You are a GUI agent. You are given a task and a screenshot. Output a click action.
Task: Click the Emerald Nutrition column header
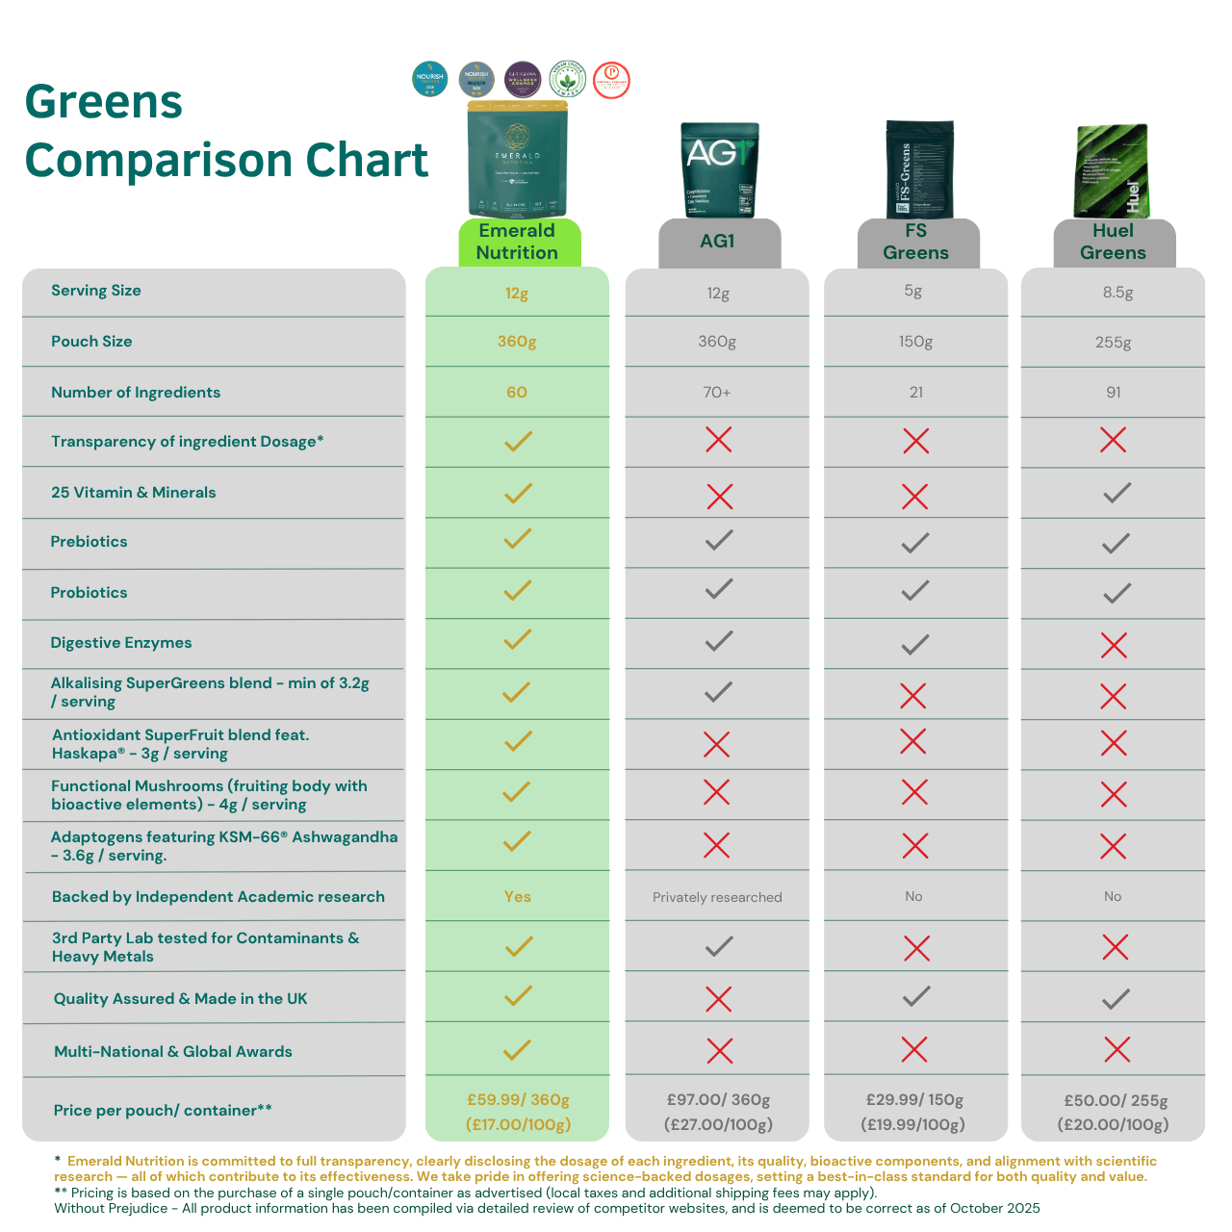tap(517, 242)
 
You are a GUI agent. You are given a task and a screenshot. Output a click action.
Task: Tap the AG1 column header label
tap(717, 242)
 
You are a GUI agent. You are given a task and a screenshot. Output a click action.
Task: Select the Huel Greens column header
tap(1113, 242)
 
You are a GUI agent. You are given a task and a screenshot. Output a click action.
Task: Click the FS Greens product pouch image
tap(919, 170)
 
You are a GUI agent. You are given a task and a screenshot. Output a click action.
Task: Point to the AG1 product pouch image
tap(719, 170)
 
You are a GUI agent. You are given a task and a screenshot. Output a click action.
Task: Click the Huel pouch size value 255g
tap(1113, 342)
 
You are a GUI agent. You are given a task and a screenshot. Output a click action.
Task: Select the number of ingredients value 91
tap(1113, 393)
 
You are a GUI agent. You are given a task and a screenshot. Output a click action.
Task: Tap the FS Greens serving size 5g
tap(913, 291)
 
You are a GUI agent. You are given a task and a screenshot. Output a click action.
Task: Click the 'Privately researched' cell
tap(717, 897)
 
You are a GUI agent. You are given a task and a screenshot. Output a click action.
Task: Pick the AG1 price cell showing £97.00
tap(718, 1100)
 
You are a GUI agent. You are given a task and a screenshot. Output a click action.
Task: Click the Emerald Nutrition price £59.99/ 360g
tap(518, 1100)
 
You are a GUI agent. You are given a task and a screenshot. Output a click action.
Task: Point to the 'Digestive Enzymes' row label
tap(121, 643)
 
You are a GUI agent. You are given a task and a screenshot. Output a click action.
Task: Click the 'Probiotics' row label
tap(89, 593)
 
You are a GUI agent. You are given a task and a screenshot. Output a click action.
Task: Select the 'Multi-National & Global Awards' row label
tap(173, 1052)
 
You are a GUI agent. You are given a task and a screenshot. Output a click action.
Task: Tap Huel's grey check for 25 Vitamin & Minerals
tap(1116, 494)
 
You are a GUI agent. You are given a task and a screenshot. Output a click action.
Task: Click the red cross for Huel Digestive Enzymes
tap(1114, 645)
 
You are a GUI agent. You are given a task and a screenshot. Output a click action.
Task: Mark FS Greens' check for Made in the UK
tap(916, 996)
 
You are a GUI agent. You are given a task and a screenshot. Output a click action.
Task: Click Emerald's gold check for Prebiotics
tap(518, 539)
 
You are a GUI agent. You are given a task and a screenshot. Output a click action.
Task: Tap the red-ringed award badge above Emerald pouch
tap(611, 80)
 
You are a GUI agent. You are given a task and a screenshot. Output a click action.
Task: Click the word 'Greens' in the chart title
tap(104, 102)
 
